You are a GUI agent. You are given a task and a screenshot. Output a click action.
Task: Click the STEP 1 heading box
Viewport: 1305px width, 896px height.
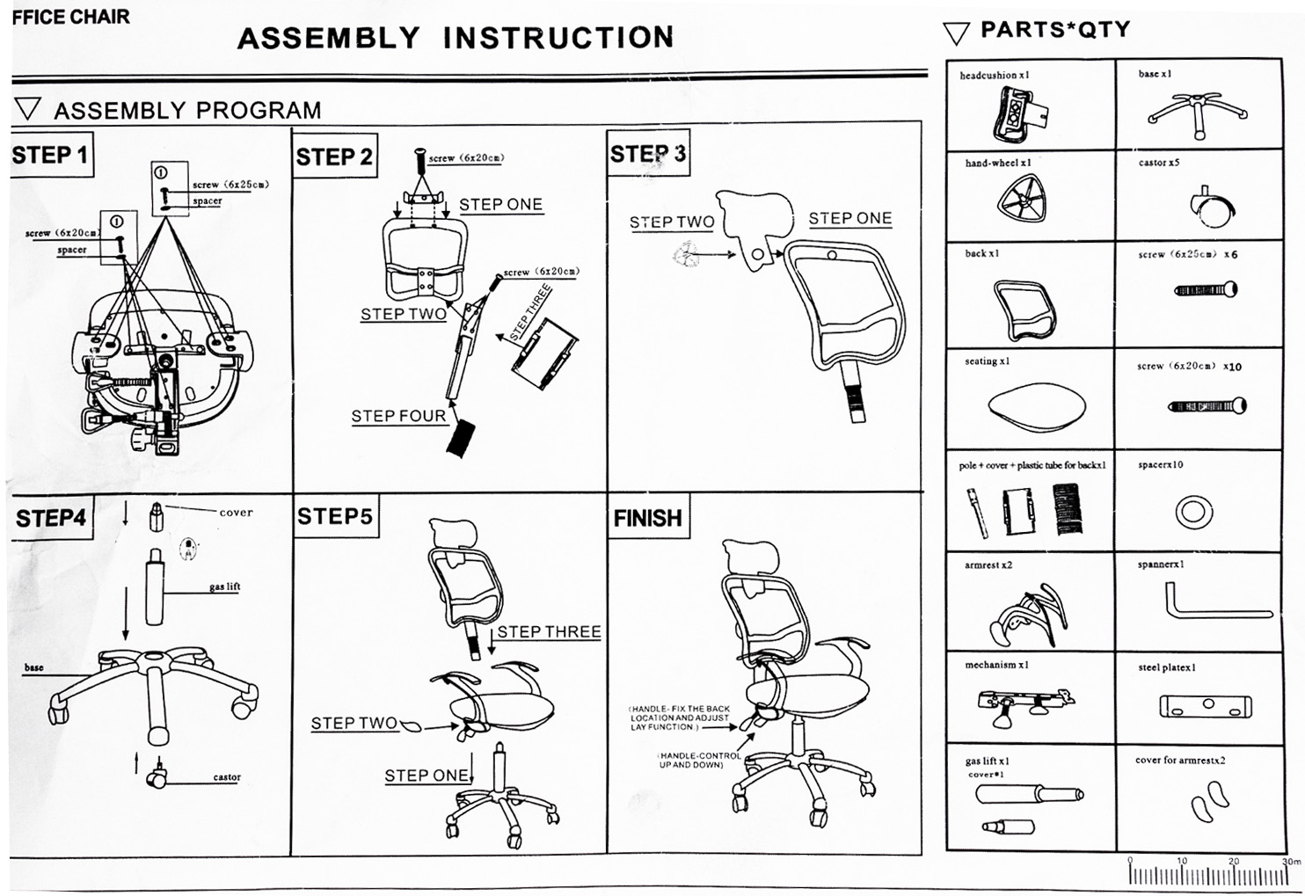tap(51, 156)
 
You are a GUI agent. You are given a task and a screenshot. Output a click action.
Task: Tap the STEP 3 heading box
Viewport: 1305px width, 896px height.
tap(648, 154)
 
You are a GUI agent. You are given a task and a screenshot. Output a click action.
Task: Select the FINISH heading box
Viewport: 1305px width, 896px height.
tap(648, 518)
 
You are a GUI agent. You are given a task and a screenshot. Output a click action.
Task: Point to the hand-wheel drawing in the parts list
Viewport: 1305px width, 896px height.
tap(1022, 198)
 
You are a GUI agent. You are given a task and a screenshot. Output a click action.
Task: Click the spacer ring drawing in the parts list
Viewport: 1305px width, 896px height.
tap(1193, 511)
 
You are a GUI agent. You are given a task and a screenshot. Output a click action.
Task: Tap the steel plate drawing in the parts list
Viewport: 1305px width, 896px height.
tap(1205, 705)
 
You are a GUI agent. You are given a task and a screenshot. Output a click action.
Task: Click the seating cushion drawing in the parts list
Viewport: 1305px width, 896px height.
tap(1036, 406)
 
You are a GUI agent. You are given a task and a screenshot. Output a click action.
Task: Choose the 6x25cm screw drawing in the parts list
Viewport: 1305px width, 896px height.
tap(1207, 289)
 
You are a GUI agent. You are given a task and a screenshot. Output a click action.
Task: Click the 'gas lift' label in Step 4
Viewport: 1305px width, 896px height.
tap(224, 586)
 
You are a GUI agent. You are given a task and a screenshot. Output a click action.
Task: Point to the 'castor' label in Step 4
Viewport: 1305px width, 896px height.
tap(226, 777)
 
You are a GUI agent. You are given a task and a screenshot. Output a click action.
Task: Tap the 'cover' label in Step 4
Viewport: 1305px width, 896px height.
tap(236, 512)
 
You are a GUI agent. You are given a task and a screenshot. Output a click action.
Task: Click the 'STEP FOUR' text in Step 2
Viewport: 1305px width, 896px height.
tap(398, 416)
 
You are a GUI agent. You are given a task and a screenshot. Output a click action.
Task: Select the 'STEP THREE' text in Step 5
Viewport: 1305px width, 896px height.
tap(549, 631)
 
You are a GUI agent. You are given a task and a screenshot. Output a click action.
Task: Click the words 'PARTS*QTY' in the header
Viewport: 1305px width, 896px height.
tap(1054, 29)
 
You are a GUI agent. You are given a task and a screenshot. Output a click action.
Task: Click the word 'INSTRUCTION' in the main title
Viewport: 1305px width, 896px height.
tap(558, 38)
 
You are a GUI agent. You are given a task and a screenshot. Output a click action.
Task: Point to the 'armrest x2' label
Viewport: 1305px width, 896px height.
tap(988, 565)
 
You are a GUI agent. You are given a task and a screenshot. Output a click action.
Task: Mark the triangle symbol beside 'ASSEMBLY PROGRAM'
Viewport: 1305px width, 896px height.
tap(28, 108)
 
